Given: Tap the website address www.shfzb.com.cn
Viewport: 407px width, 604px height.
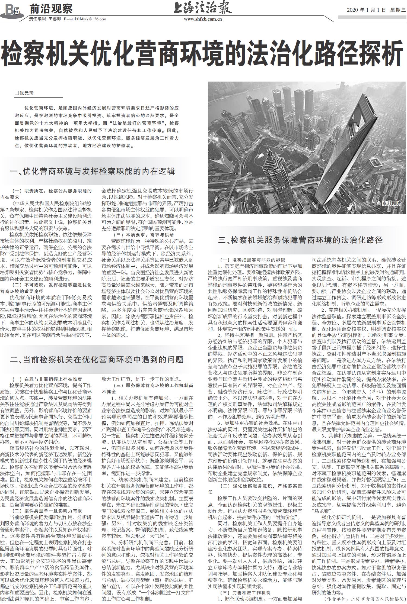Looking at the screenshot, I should pyautogui.click(x=203, y=19).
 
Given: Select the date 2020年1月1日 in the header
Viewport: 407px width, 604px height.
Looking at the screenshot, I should pyautogui.click(x=366, y=10).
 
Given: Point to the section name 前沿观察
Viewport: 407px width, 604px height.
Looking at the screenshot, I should pyautogui.click(x=51, y=9).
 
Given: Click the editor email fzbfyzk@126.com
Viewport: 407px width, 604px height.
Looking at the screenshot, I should pyautogui.click(x=85, y=19).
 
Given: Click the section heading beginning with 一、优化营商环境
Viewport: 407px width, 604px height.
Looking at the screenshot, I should pyautogui.click(x=93, y=171).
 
